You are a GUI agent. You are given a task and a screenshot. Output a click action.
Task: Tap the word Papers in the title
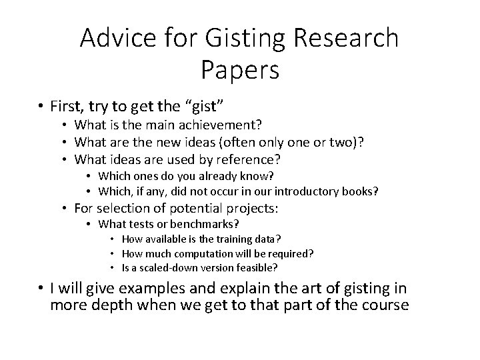(x=239, y=69)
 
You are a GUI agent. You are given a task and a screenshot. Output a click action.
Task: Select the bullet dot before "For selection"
(x=67, y=209)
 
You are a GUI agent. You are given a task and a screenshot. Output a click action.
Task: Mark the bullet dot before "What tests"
(x=89, y=224)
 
